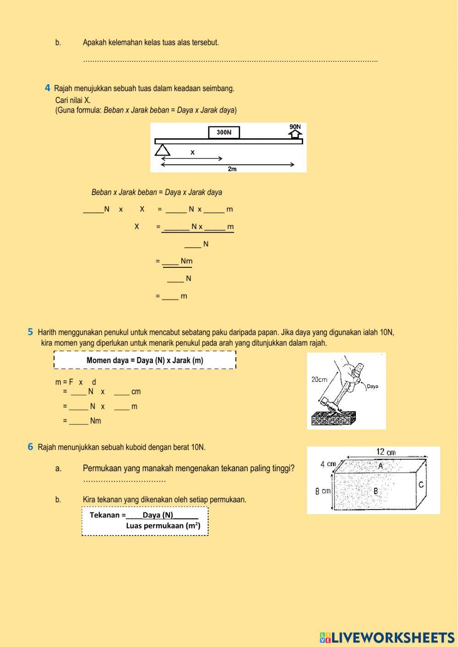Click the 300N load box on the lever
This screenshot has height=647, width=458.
[224, 132]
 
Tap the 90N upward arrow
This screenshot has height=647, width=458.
[295, 133]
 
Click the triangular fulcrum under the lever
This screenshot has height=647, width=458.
[162, 150]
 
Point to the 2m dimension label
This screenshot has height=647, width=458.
[232, 169]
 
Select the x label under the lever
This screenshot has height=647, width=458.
[192, 152]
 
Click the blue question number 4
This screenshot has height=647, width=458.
[48, 88]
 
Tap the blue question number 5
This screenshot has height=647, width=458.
[30, 332]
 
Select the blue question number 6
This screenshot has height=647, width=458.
[30, 447]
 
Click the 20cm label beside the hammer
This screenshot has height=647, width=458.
[319, 380]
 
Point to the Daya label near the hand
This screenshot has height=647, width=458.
[372, 386]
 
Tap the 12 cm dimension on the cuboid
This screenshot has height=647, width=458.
[386, 452]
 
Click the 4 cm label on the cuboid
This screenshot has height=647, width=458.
[328, 464]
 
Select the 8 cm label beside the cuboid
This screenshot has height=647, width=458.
[322, 491]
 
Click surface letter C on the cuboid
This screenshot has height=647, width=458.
[421, 484]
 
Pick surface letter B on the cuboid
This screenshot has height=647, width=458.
[376, 491]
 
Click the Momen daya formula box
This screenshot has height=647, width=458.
[145, 360]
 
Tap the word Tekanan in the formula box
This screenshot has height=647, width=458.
[104, 515]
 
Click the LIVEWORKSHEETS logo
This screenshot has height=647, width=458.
[387, 637]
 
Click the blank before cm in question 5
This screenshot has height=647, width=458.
[121, 392]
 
